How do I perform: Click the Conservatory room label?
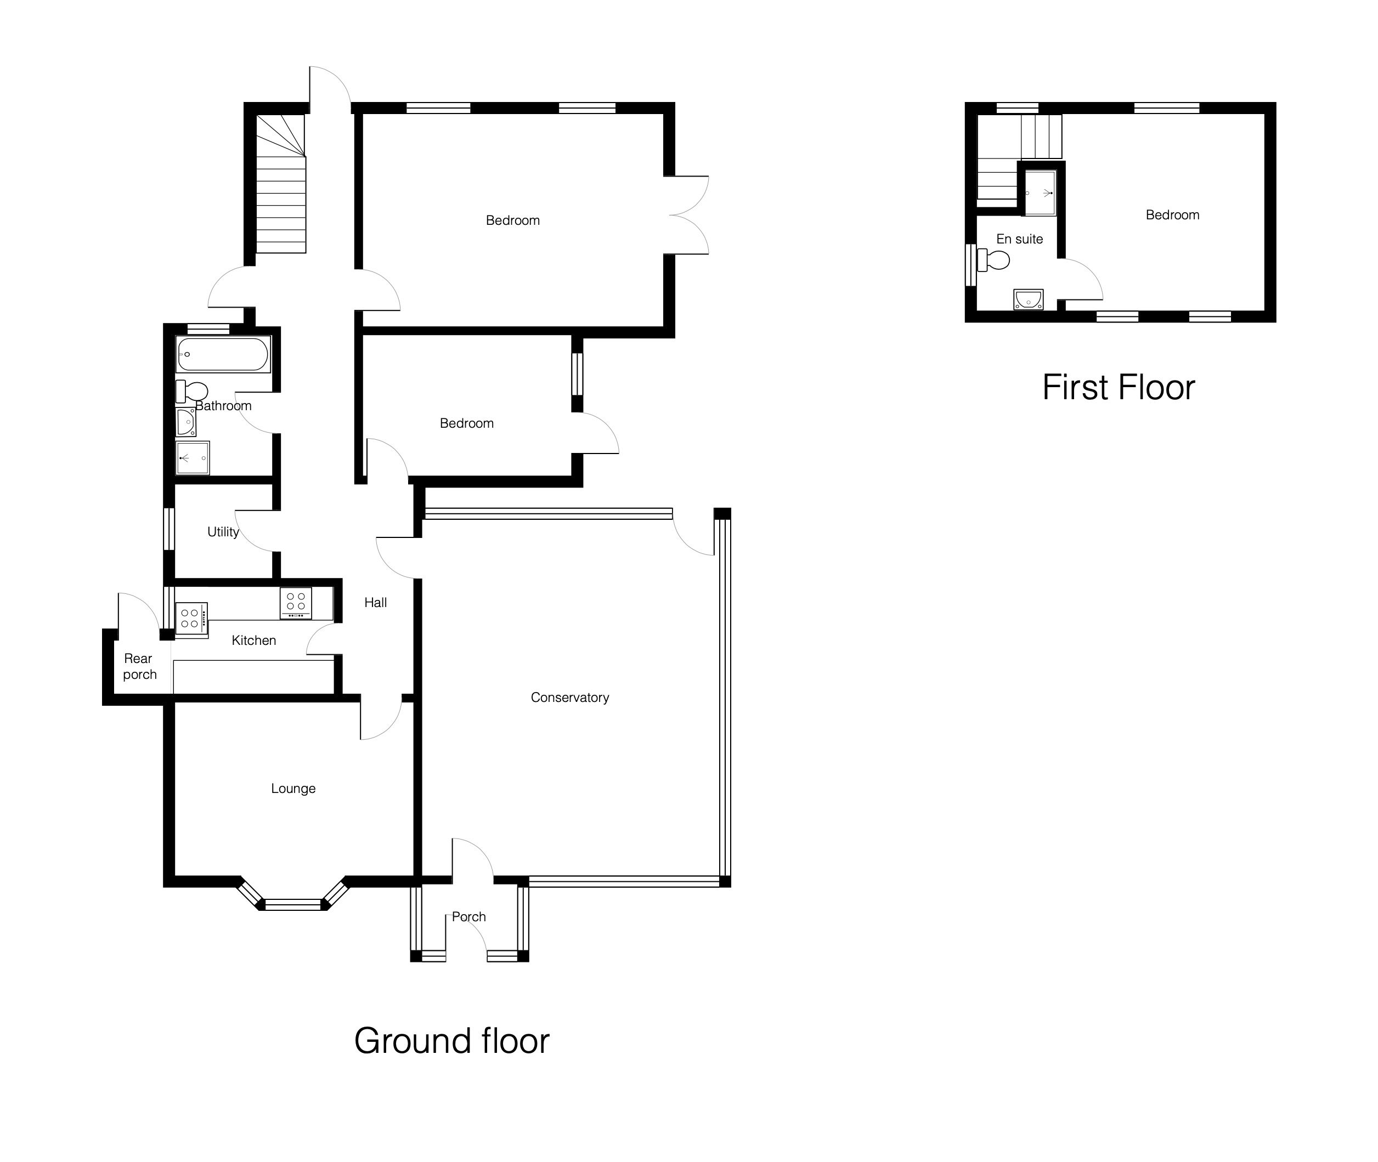click(x=569, y=697)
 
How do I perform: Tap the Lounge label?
click(x=293, y=789)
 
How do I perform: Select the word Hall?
click(x=376, y=602)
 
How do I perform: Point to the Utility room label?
click(x=223, y=531)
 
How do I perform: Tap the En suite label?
click(x=1019, y=239)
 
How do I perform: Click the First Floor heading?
click(x=1119, y=387)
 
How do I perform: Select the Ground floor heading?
click(x=451, y=1041)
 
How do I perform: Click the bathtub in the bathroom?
click(x=223, y=355)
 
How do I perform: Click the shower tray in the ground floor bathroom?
click(x=193, y=458)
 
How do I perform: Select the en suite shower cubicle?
click(x=1041, y=193)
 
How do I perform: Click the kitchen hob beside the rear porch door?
click(x=191, y=619)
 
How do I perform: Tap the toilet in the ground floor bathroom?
click(x=191, y=392)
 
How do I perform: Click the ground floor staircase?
click(x=281, y=184)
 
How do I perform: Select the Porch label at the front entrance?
click(x=468, y=917)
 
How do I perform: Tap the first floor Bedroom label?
click(x=1172, y=215)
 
